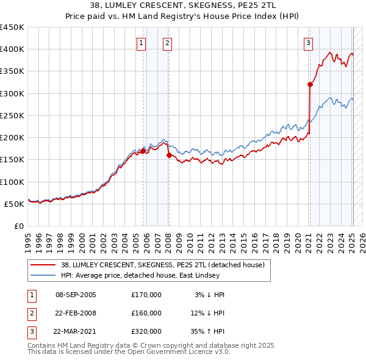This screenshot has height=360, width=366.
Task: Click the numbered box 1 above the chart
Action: pyautogui.click(x=141, y=43)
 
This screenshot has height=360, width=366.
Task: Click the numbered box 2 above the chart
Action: pyautogui.click(x=167, y=43)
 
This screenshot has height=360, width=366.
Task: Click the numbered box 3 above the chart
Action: pyautogui.click(x=309, y=43)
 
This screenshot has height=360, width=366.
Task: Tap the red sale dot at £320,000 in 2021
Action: pyautogui.click(x=310, y=85)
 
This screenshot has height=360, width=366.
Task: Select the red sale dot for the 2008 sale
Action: pyautogui.click(x=169, y=155)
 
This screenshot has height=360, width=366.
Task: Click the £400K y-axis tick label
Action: pyautogui.click(x=12, y=49)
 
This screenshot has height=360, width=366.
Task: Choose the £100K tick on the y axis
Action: pyautogui.click(x=12, y=182)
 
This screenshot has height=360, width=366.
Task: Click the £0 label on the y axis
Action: pyautogui.click(x=20, y=226)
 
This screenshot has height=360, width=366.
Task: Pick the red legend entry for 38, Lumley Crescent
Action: pyautogui.click(x=162, y=265)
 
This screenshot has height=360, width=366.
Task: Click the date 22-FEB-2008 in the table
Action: pyautogui.click(x=76, y=313)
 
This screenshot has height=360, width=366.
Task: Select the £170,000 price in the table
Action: pyautogui.click(x=146, y=295)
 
